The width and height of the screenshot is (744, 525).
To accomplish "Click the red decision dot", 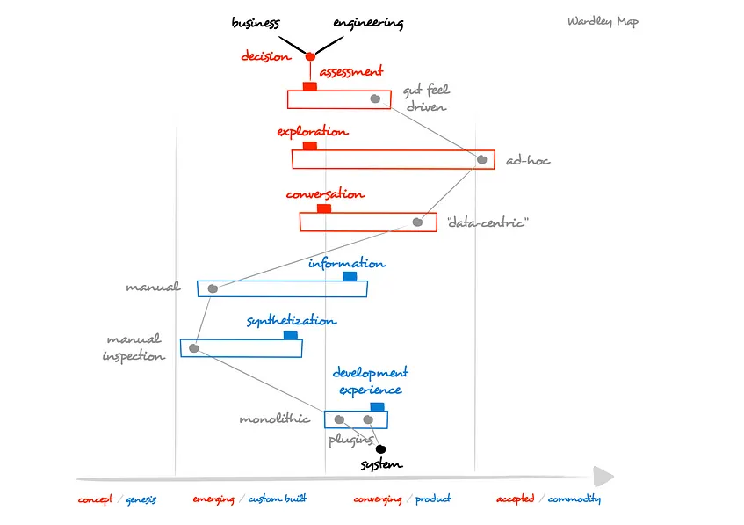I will [x=310, y=57].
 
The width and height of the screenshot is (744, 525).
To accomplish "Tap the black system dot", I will [x=380, y=449].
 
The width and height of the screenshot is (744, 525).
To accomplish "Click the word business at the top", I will [x=255, y=23].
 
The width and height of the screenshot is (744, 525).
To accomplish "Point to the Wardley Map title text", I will [x=603, y=22].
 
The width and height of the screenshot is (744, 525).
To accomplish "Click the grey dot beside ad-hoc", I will [x=481, y=159].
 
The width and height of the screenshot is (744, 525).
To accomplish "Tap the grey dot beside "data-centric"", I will [x=418, y=222].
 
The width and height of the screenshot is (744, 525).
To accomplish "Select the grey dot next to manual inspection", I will [x=194, y=348].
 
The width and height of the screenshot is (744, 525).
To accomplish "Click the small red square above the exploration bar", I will [x=309, y=146].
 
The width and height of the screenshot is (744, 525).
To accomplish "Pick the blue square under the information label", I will [x=350, y=276].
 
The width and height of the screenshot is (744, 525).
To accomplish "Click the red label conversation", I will [x=325, y=194].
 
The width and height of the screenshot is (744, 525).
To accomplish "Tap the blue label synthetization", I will [x=291, y=321].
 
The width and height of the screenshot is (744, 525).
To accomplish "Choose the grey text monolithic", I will [x=274, y=419].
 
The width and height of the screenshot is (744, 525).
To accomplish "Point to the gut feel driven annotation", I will [x=426, y=98].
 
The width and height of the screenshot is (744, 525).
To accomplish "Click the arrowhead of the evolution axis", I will [x=603, y=478].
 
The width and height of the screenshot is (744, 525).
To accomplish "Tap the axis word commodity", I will [x=574, y=499].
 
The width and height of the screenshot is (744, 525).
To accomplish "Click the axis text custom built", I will [x=277, y=499].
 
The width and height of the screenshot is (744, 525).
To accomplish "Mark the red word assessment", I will [x=351, y=72].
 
